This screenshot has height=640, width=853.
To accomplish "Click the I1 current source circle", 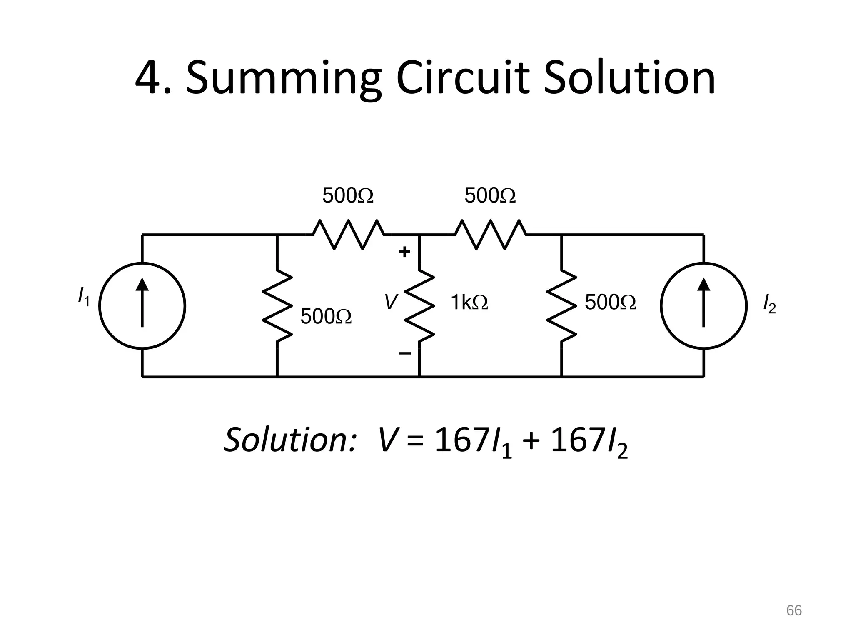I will [x=142, y=305].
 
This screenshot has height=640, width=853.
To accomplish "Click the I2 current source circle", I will [x=703, y=305].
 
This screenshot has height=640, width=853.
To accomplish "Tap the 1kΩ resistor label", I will [x=469, y=302].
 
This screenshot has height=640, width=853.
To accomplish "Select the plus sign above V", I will [x=404, y=252].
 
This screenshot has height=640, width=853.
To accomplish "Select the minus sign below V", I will [x=404, y=354].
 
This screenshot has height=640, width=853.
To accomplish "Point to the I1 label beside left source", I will [x=84, y=296].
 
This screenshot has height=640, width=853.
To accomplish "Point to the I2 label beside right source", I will [x=769, y=303].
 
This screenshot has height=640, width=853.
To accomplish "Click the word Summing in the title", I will [x=283, y=79].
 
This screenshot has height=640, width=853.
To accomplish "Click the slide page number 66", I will [x=793, y=610].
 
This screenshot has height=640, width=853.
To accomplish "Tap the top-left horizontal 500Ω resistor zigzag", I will [x=349, y=235].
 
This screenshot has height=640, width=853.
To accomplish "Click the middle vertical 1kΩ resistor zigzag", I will [x=420, y=305].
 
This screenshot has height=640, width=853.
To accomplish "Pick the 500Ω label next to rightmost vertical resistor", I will [x=610, y=302].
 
